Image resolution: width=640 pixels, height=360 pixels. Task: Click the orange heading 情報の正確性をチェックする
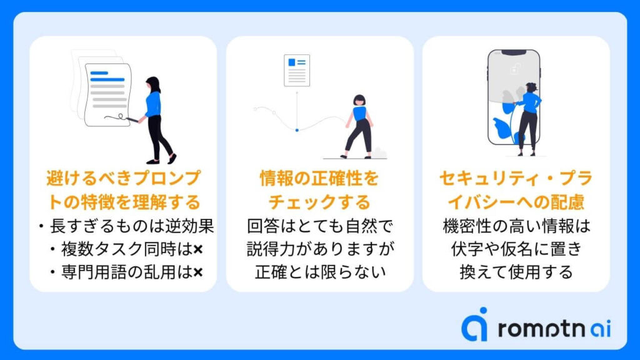coord(319,190)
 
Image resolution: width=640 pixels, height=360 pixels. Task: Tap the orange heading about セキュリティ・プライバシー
coord(516,190)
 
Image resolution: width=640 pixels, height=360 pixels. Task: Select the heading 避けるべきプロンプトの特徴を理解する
coord(123,190)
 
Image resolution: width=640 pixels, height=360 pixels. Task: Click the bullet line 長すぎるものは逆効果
coord(126,226)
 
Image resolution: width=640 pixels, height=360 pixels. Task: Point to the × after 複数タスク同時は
coord(198,249)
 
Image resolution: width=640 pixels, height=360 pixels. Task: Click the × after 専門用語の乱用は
coord(198,272)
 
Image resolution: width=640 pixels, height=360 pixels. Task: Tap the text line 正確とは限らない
coord(320,272)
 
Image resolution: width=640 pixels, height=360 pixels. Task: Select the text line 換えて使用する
coord(516,272)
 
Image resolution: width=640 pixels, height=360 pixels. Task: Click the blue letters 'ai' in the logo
coord(601,329)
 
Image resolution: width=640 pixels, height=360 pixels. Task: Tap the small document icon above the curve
coord(297,70)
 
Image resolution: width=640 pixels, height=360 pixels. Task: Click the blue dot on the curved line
coord(297,130)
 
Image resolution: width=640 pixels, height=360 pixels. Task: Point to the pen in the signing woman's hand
coord(132,119)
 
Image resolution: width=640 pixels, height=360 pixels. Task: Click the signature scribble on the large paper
coord(115,117)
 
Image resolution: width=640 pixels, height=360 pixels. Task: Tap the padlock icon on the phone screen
coord(516,68)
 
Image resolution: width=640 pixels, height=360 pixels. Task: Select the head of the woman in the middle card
coord(359,100)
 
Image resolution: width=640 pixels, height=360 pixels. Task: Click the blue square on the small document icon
coord(291,62)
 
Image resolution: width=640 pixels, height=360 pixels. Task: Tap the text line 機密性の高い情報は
coord(516,226)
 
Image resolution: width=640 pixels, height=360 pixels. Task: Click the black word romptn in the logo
coord(542,329)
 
